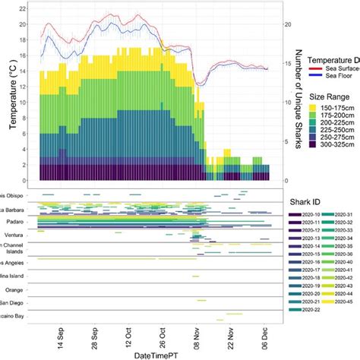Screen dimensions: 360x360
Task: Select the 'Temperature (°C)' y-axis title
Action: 14,95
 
